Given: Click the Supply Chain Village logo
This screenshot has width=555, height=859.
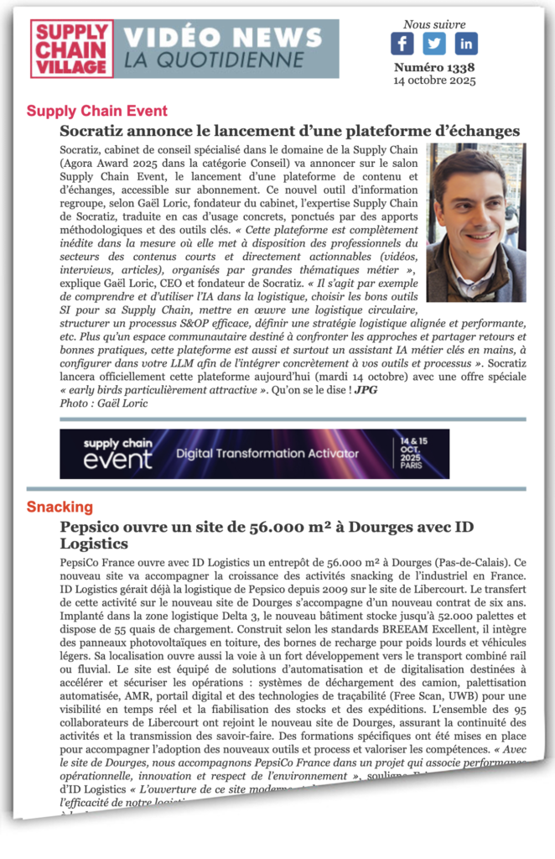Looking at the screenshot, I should (71, 49).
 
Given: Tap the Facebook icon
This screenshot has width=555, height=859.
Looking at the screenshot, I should (402, 44).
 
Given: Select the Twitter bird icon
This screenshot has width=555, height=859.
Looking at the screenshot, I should (434, 44).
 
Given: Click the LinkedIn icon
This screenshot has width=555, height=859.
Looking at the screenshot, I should (466, 44).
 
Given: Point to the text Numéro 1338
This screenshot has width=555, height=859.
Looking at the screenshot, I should (434, 68).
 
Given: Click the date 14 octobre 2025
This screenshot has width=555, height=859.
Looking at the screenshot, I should (434, 81).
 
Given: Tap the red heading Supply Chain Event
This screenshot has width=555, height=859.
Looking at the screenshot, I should (97, 111).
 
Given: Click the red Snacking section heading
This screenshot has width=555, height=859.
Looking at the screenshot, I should (60, 507).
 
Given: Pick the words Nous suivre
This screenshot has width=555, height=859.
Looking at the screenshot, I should (434, 24).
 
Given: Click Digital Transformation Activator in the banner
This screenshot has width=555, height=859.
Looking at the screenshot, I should (267, 454).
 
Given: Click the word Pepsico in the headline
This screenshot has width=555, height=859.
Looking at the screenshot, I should (91, 528).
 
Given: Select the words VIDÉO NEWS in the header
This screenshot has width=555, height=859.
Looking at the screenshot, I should (223, 38).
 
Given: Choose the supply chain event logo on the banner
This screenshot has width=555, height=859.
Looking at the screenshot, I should (118, 453).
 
